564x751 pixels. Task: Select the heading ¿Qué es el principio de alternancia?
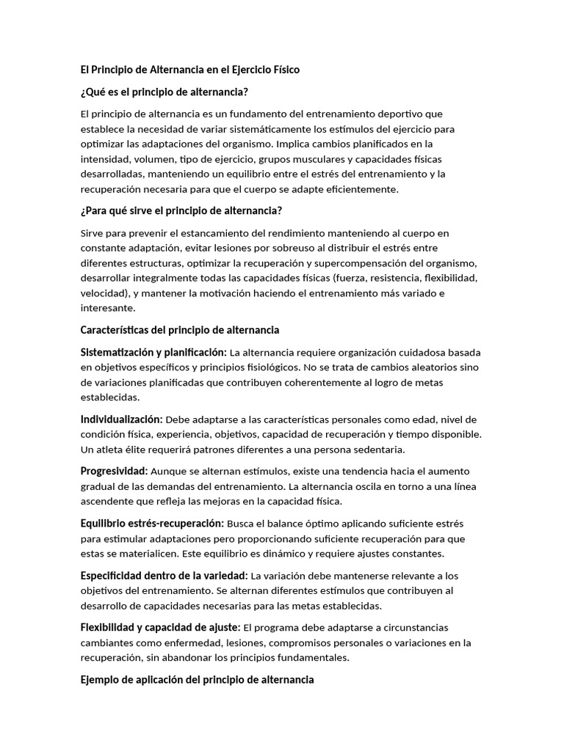point(164,92)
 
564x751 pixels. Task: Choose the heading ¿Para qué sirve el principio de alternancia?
point(181,211)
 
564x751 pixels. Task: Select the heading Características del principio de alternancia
point(180,330)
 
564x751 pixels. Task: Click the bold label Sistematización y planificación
point(153,353)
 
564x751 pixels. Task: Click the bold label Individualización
point(121,420)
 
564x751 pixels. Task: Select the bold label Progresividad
point(114,471)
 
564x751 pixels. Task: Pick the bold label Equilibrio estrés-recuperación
point(152,524)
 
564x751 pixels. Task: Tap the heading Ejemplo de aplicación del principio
point(197,680)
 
